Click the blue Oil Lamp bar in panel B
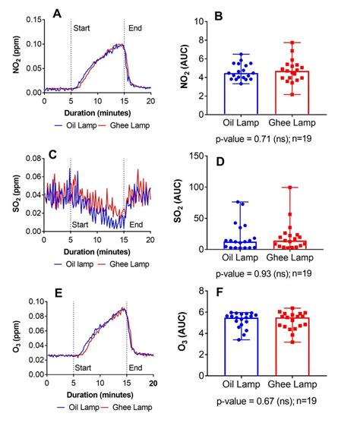[x=242, y=95]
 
